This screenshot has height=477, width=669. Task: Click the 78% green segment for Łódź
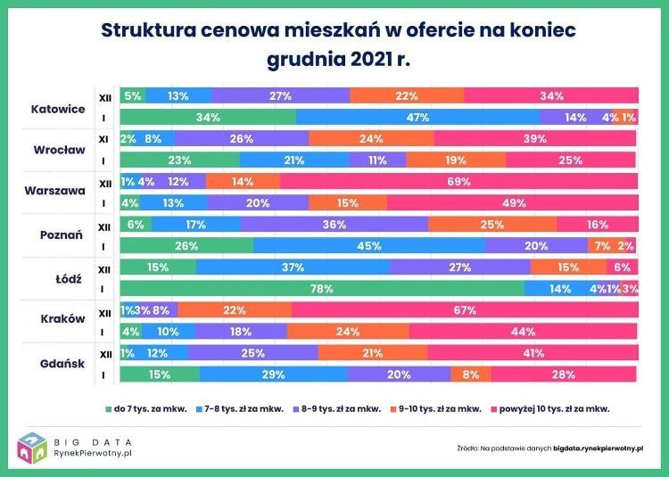(x=321, y=289)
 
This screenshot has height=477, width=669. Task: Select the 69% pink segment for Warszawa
(x=459, y=181)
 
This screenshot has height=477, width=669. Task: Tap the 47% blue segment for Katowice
(x=417, y=117)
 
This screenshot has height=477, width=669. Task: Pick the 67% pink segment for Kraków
(x=464, y=310)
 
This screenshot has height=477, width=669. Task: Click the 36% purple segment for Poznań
(x=334, y=225)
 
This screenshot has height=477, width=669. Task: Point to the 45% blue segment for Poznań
(x=369, y=246)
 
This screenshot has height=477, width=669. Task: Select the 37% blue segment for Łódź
(x=293, y=267)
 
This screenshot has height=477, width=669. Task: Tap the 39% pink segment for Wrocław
(x=535, y=138)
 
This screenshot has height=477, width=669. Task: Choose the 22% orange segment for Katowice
(x=407, y=95)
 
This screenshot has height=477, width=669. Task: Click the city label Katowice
(x=57, y=108)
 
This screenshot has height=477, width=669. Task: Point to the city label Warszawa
(x=56, y=191)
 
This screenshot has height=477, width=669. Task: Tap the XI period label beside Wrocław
(x=104, y=139)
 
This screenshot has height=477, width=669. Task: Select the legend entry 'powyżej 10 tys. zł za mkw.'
(x=550, y=409)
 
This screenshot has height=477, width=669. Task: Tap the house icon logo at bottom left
(x=33, y=448)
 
